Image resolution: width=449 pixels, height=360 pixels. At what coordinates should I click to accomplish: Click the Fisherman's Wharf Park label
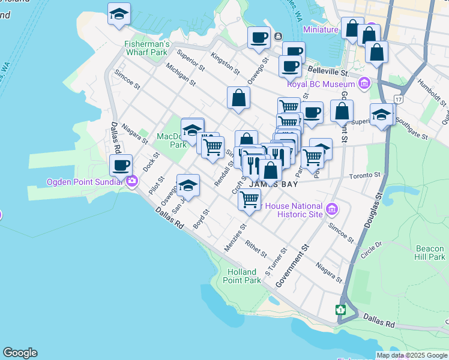[146, 48]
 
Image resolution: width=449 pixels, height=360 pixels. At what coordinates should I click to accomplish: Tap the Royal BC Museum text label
[321, 84]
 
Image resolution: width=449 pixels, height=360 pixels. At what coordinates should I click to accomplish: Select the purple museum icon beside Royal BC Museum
[363, 83]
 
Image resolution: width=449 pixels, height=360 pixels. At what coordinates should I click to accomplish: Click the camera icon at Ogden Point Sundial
[131, 179]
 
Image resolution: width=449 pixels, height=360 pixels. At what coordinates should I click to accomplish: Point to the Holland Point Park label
[244, 276]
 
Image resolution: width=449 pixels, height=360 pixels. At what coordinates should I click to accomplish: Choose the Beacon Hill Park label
[430, 252]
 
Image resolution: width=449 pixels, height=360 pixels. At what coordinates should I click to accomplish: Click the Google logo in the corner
[20, 353]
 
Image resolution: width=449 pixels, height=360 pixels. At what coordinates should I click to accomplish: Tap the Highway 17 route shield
[398, 98]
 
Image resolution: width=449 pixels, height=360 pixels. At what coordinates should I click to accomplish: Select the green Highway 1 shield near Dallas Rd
[341, 310]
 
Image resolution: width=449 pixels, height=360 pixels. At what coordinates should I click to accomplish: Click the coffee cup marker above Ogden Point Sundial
[121, 165]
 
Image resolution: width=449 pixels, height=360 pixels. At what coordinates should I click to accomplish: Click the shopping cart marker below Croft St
[249, 199]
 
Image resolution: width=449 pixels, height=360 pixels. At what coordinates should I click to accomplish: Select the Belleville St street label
[328, 71]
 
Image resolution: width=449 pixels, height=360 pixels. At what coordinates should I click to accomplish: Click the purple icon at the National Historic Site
[332, 209]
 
